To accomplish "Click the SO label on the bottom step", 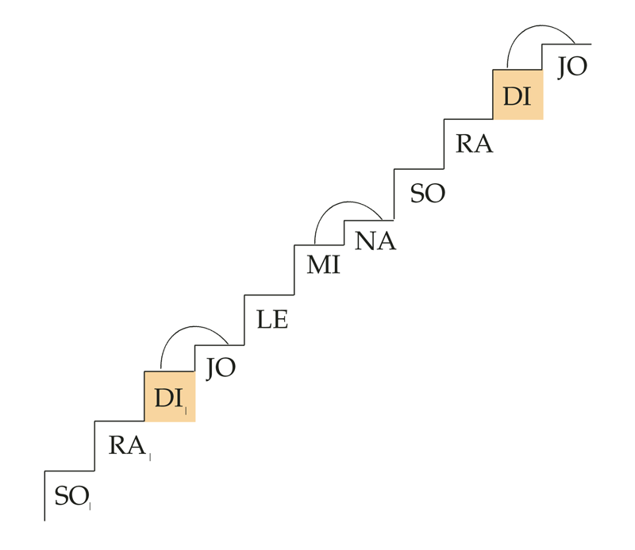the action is [x=71, y=496].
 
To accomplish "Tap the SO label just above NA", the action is [x=428, y=193].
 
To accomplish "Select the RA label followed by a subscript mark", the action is [x=127, y=445].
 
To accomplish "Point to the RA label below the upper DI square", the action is [x=474, y=144].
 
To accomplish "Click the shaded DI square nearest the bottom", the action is [x=170, y=397].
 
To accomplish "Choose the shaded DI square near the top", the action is [x=518, y=94].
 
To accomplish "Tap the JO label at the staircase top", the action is [x=572, y=67].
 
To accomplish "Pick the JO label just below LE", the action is [x=221, y=368].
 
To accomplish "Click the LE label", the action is [x=272, y=319].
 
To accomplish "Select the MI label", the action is [x=323, y=265].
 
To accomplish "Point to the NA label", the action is [x=375, y=241].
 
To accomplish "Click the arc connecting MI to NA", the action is [x=344, y=202].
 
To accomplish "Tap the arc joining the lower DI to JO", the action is [x=190, y=327].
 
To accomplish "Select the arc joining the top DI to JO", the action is [x=537, y=26].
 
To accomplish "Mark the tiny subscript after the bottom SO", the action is [x=90, y=506].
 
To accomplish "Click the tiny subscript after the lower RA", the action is [x=150, y=457].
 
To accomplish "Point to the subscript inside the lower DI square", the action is [x=186, y=410].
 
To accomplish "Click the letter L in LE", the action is [x=264, y=319].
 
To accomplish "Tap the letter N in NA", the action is [x=365, y=241].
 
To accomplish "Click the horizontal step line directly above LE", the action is [x=269, y=295].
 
